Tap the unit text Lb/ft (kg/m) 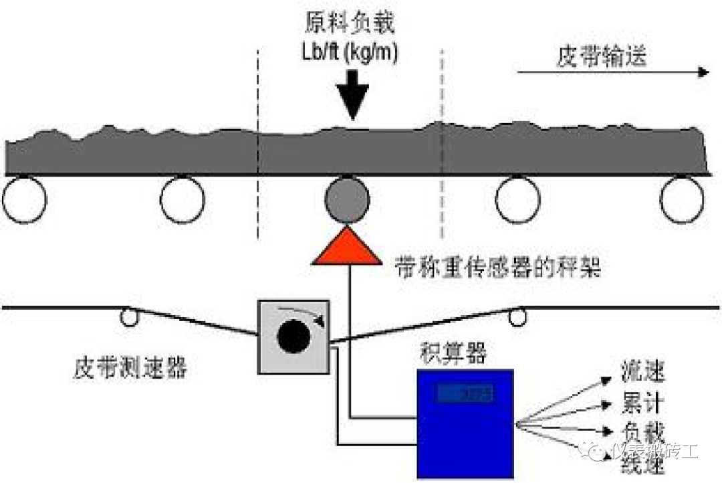[x=350, y=54]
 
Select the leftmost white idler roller [x=25, y=199]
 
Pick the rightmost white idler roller [x=682, y=199]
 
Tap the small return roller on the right [x=515, y=316]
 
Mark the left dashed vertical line [x=258, y=144]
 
